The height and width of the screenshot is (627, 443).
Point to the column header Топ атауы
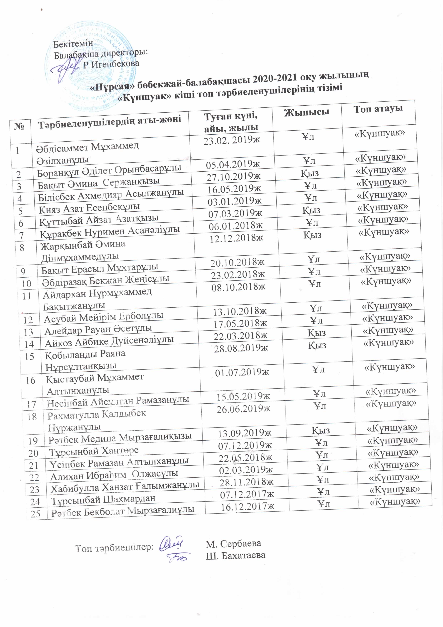click(378, 109)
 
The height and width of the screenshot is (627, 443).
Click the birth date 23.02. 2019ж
click(232, 140)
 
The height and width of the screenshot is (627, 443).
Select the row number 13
click(28, 332)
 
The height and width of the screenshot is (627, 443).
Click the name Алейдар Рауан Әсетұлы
click(98, 329)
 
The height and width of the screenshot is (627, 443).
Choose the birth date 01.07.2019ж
click(242, 372)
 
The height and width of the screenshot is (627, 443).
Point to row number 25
click(36, 514)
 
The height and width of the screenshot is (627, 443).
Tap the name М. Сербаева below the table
click(233, 543)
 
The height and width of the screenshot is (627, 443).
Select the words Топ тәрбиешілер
click(114, 547)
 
